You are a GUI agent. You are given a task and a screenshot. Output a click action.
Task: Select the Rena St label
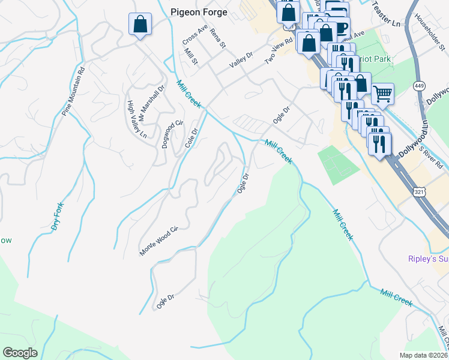click(x=217, y=39)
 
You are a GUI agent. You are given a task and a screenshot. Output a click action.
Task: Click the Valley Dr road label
click(x=242, y=58)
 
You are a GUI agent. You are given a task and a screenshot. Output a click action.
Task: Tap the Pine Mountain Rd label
click(x=74, y=91)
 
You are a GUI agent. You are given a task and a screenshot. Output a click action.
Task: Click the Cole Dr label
click(x=191, y=139)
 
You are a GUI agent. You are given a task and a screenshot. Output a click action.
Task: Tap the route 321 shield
click(x=420, y=191)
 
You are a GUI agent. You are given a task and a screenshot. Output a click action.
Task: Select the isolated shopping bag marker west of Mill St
click(x=140, y=25)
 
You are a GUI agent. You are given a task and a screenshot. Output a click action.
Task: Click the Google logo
click(x=20, y=353)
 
